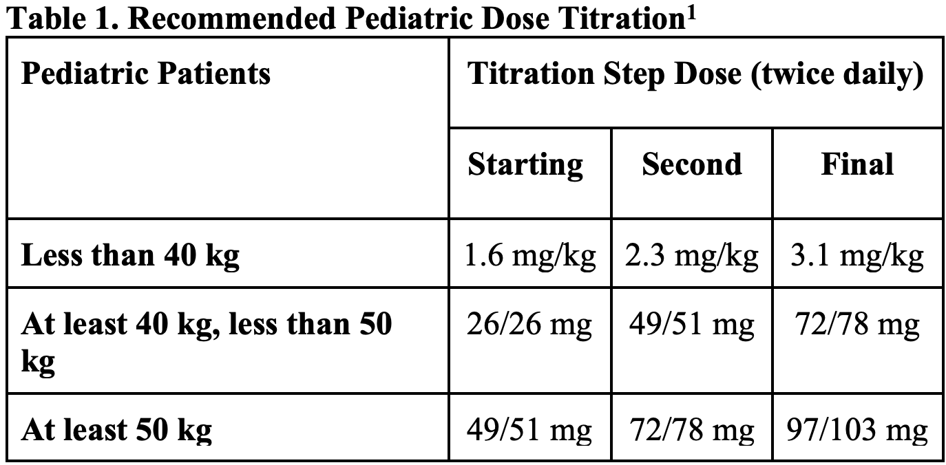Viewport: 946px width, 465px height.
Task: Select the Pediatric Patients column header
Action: tap(146, 74)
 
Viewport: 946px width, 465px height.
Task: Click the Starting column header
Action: tap(525, 165)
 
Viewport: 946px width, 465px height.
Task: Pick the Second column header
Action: tap(692, 165)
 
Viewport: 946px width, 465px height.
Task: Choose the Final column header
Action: tap(857, 165)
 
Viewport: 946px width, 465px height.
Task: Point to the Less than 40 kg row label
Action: tap(131, 256)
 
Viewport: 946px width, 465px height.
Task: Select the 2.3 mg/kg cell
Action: tap(692, 256)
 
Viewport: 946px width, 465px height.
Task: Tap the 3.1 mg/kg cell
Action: tap(857, 256)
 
